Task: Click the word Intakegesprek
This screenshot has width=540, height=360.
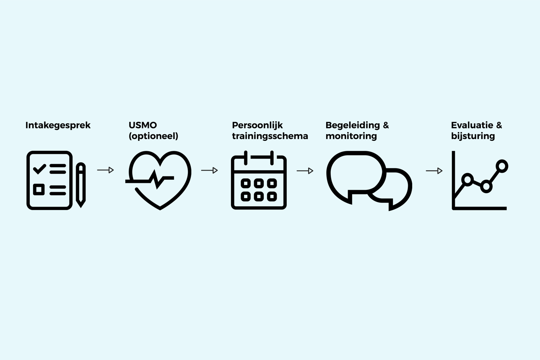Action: [58, 125]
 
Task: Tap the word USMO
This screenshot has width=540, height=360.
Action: [143, 125]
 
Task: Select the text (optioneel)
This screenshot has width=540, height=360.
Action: [153, 136]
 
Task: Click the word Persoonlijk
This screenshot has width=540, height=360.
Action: [257, 125]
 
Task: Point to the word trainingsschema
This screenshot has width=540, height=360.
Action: [270, 136]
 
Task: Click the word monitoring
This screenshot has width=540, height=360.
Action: [351, 136]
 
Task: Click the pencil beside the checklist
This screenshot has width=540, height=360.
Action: [81, 185]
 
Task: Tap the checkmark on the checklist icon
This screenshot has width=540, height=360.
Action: [39, 168]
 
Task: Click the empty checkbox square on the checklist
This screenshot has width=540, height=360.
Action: [39, 189]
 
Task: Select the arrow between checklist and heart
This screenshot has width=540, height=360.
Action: [106, 170]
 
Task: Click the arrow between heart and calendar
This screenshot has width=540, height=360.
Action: [210, 170]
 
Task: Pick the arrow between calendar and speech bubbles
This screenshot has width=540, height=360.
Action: [305, 171]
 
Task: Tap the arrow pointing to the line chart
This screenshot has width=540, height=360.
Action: [434, 171]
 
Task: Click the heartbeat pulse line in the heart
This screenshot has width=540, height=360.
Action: [156, 179]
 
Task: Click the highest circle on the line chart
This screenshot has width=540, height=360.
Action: [502, 166]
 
